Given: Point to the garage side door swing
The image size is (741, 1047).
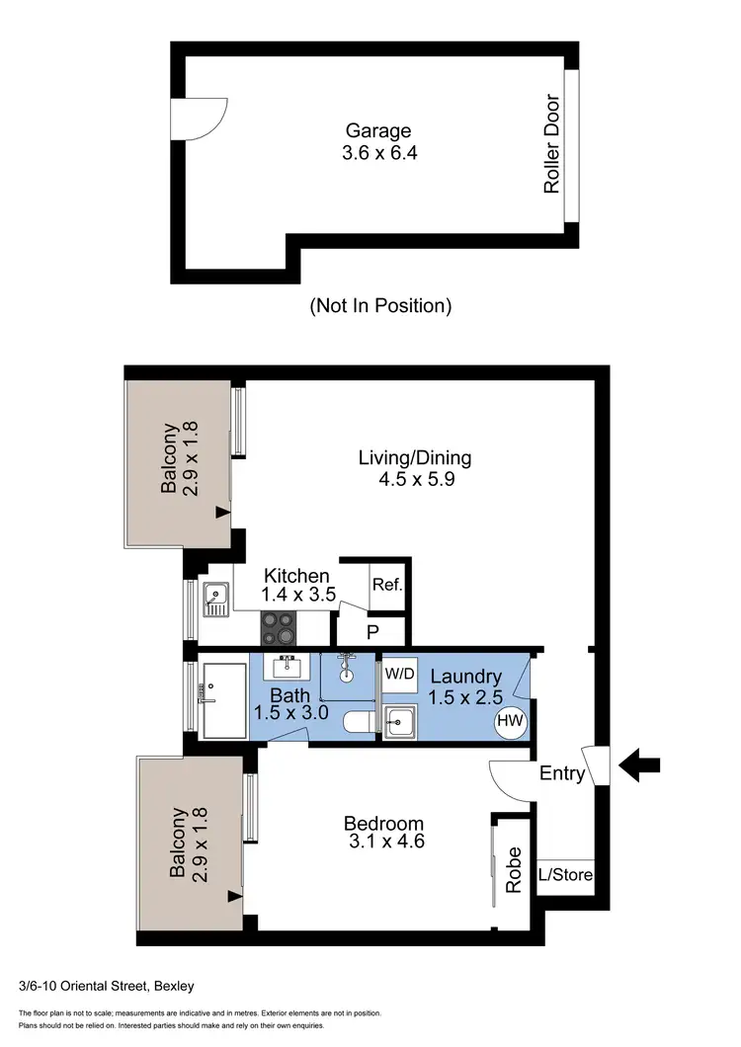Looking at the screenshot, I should pyautogui.click(x=199, y=119).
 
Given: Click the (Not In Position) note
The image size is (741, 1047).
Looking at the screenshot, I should pyautogui.click(x=380, y=305).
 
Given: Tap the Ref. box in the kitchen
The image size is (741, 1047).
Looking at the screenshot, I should pyautogui.click(x=387, y=585).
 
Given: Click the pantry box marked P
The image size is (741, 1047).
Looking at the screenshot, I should pyautogui.click(x=372, y=631).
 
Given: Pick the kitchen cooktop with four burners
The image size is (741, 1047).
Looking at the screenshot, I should pyautogui.click(x=280, y=626).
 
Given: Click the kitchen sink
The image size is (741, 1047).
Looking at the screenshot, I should pyautogui.click(x=214, y=597).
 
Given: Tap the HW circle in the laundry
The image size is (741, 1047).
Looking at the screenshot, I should pyautogui.click(x=510, y=721).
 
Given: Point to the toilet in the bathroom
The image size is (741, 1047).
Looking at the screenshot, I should pyautogui.click(x=358, y=724).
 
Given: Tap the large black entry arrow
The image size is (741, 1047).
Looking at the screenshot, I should pyautogui.click(x=640, y=764).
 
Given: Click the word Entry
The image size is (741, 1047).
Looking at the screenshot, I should pyautogui.click(x=562, y=775).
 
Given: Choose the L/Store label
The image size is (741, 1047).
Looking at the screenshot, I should pyautogui.click(x=565, y=874).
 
